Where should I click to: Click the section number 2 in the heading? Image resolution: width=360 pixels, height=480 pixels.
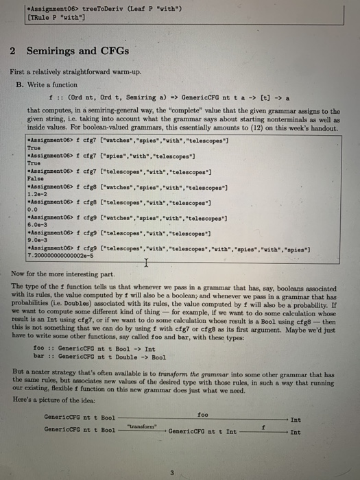coord(13,51)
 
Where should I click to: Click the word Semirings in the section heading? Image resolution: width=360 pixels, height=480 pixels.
coord(49,51)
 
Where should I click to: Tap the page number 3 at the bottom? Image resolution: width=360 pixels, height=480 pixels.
coord(172,471)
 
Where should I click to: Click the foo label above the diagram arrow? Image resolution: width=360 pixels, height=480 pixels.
coord(202,413)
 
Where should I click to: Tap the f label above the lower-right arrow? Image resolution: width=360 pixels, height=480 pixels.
coord(263,427)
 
